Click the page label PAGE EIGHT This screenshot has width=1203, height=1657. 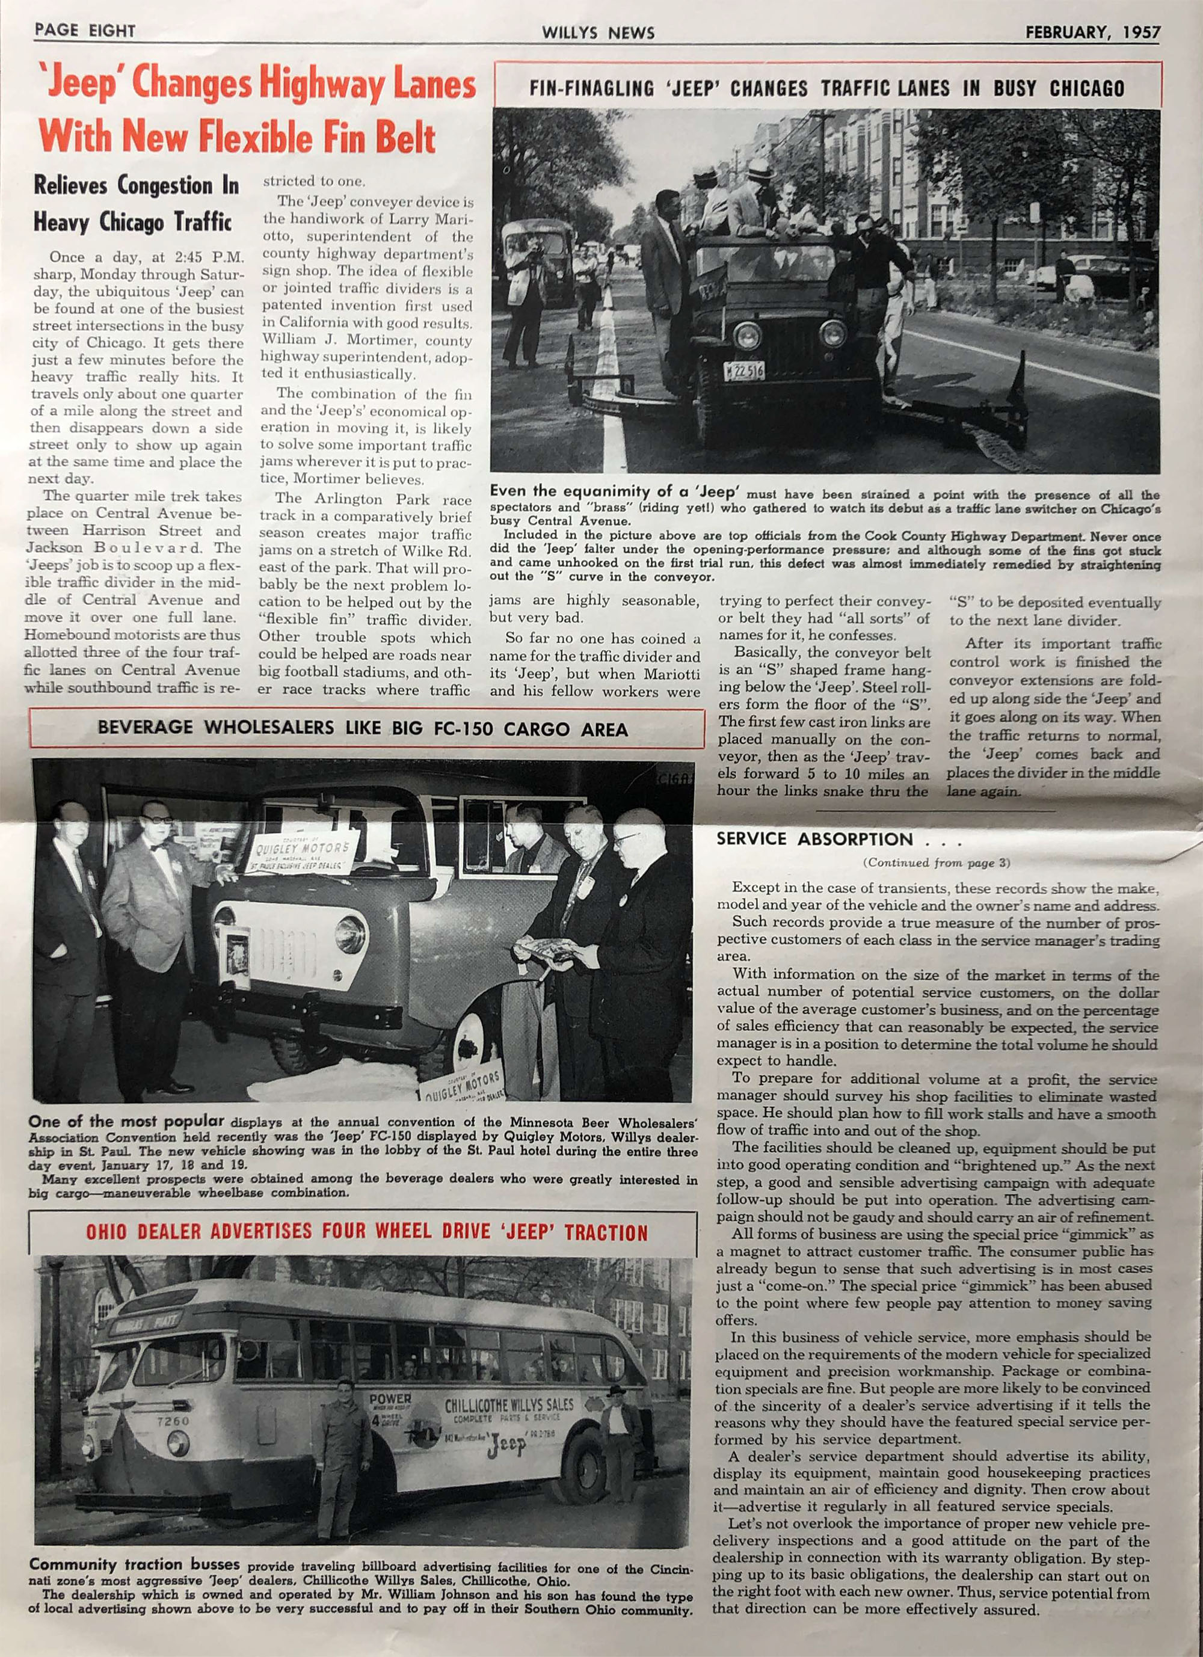click(84, 31)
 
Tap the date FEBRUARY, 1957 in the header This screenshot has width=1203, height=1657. click(1092, 32)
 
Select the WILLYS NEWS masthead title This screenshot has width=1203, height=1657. click(598, 33)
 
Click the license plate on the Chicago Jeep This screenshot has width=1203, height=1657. click(744, 371)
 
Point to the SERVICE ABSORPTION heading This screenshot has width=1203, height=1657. click(814, 839)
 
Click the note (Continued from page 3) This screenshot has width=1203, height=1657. click(937, 863)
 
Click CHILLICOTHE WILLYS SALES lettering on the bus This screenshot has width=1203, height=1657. click(509, 1404)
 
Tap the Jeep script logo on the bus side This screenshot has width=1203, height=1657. click(507, 1446)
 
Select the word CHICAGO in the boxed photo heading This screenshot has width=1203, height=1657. click(1087, 89)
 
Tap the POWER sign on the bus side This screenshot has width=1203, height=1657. click(391, 1398)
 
